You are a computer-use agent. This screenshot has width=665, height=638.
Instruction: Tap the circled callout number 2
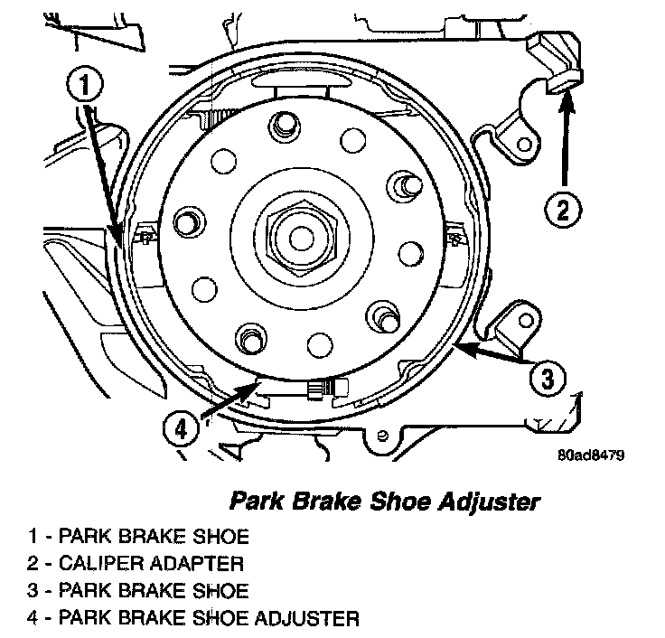(x=562, y=211)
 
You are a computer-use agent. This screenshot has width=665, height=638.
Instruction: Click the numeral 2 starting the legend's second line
(x=33, y=564)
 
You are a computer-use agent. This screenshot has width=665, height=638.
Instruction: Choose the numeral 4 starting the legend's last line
(x=33, y=619)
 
